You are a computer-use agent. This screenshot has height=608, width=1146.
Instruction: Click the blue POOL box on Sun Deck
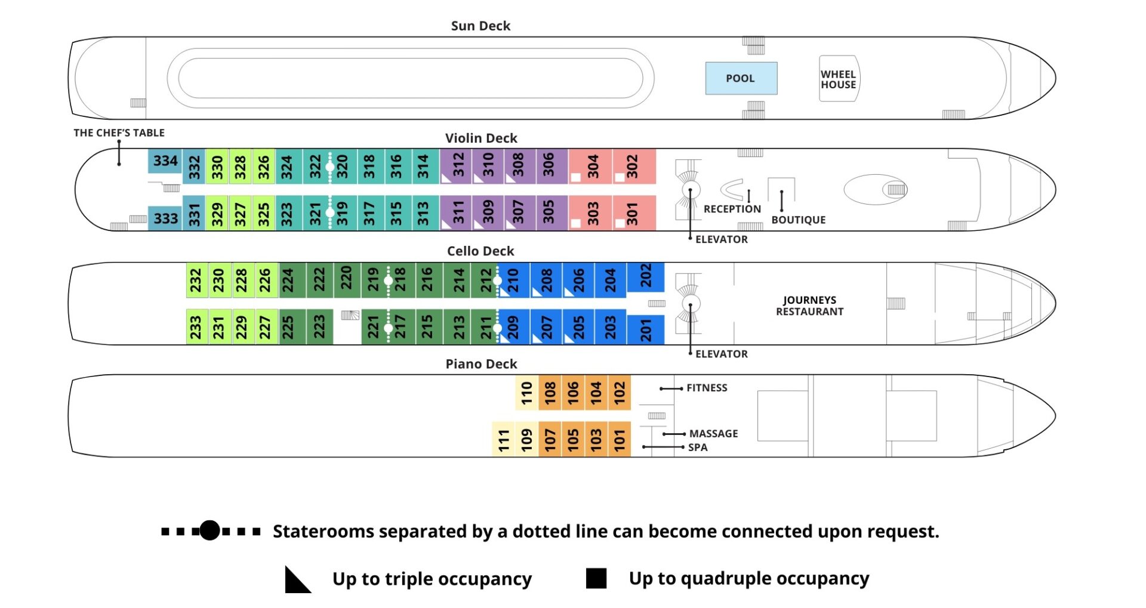click(741, 78)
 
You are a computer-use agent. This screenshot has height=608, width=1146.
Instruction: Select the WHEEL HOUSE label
click(838, 79)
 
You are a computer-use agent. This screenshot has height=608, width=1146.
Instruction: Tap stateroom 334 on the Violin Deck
click(165, 161)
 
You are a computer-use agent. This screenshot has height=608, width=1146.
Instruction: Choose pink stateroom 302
click(633, 166)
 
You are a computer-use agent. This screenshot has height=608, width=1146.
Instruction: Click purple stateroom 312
click(458, 165)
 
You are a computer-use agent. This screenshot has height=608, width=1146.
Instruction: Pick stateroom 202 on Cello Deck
click(646, 276)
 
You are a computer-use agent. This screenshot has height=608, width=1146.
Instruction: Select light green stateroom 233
click(196, 327)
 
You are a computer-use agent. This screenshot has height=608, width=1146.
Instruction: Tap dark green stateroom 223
click(319, 326)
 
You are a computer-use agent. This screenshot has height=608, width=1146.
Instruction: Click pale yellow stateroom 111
click(503, 440)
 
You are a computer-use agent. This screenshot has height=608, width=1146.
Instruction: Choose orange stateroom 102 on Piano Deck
click(619, 392)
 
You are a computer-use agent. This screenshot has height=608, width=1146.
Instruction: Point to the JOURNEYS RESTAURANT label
click(809, 305)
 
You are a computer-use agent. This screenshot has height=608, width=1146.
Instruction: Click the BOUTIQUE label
click(798, 220)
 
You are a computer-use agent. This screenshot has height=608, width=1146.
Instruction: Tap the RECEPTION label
click(732, 209)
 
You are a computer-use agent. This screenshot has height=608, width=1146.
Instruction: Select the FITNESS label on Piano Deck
click(707, 388)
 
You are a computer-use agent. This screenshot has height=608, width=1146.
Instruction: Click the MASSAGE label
click(713, 434)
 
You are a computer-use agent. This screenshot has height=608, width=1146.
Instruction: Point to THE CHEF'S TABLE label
click(119, 132)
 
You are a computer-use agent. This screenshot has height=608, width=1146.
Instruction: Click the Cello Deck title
click(480, 251)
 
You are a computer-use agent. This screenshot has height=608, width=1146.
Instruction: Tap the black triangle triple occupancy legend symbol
click(297, 580)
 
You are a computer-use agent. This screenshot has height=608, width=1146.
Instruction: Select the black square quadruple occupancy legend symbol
click(596, 578)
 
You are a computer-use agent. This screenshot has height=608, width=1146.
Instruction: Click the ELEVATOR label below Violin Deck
click(721, 239)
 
